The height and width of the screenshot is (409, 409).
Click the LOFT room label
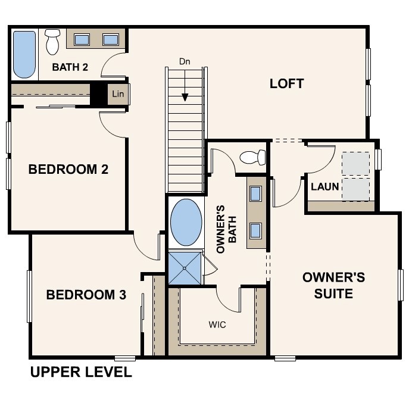tap(286, 84)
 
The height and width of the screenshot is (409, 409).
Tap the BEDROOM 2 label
tap(68, 170)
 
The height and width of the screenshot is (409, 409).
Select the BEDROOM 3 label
tap(86, 295)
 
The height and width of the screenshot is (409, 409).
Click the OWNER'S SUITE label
tap(333, 285)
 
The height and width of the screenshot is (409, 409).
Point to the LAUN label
tap(325, 186)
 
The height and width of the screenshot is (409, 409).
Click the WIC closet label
tap(217, 325)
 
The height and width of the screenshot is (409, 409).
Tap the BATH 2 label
tap(70, 67)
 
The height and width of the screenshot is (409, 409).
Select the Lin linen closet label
tap(118, 93)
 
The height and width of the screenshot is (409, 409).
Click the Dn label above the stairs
tap(185, 61)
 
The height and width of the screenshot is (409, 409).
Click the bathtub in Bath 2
tap(24, 55)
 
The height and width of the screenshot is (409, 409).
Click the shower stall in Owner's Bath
tap(185, 268)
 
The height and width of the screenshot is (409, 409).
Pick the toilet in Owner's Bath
tap(252, 158)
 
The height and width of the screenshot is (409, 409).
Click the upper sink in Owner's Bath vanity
tap(256, 193)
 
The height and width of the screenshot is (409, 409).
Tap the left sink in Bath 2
tap(82, 40)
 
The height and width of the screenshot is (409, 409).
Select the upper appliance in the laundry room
tap(355, 163)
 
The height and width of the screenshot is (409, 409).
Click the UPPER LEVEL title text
tap(80, 373)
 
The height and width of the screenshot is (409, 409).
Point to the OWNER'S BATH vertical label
tap(226, 229)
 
